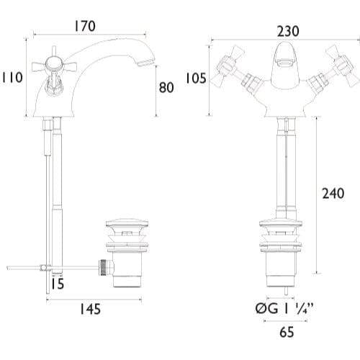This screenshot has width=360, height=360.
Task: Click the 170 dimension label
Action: coord(85,26)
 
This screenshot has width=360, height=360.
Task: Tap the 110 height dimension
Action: coord(12,77)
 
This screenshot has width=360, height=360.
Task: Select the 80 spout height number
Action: coord(166,87)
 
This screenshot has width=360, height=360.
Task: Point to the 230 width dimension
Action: coord(288,31)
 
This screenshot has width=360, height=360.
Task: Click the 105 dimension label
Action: coord(196,78)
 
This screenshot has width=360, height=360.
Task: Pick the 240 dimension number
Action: coord(333,193)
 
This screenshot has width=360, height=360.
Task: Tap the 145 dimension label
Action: coord(90,309)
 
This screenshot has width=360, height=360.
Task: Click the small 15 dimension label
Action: coord(58,284)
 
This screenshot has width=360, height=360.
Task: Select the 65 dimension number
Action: coord(287,332)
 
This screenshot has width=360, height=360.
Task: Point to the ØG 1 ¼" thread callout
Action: coord(284,309)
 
